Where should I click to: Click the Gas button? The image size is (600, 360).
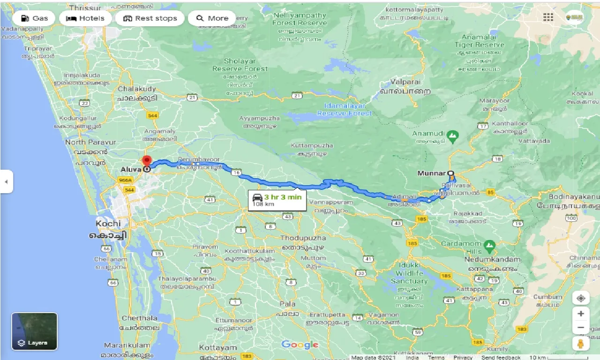34,18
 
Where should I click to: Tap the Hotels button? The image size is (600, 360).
85,18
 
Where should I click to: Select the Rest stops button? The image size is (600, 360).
150,18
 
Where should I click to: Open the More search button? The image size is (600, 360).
212,18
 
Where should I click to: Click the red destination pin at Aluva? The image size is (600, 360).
147,161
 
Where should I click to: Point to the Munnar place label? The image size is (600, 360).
431,173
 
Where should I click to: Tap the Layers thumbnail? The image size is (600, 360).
34,331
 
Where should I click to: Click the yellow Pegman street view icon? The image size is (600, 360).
581,344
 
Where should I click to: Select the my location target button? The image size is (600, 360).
581,299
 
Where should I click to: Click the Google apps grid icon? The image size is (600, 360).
548,17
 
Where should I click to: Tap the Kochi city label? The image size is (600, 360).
108,224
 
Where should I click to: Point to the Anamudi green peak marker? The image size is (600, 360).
452,137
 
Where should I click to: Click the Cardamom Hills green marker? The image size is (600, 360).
489,245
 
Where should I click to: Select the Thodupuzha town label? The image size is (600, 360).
303,238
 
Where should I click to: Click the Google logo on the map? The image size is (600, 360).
300,345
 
